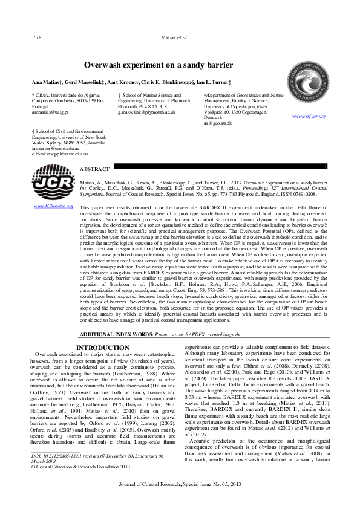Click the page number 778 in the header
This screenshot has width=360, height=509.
pos(36,37)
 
